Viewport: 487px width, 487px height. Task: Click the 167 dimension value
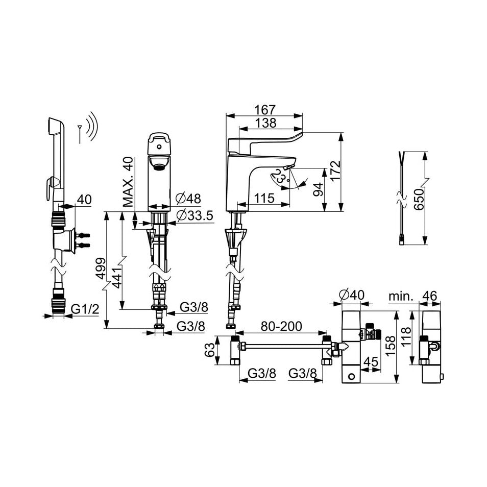click(264, 109)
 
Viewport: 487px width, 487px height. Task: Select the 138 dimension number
click(264, 123)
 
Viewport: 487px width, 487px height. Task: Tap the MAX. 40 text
click(128, 182)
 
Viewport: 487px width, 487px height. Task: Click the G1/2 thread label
click(84, 309)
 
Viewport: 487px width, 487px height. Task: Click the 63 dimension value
click(208, 351)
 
